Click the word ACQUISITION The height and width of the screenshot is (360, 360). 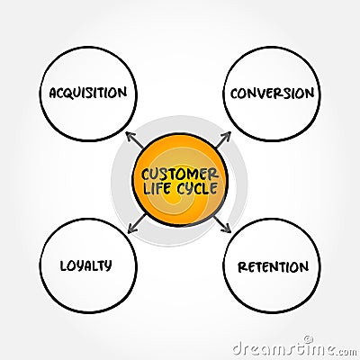(88, 93)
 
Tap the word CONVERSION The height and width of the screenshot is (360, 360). (272, 93)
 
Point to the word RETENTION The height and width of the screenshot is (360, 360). (272, 266)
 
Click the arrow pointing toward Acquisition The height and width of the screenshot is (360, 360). (136, 139)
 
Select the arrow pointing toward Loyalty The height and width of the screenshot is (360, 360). (137, 222)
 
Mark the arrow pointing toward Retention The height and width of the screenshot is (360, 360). (221, 222)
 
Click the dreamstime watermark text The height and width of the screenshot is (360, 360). (292, 347)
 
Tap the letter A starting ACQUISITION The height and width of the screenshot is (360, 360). (54, 93)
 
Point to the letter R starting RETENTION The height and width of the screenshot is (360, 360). (241, 266)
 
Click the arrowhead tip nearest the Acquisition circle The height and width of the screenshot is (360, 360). (127, 132)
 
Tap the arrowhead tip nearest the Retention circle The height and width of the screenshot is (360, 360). (230, 231)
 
